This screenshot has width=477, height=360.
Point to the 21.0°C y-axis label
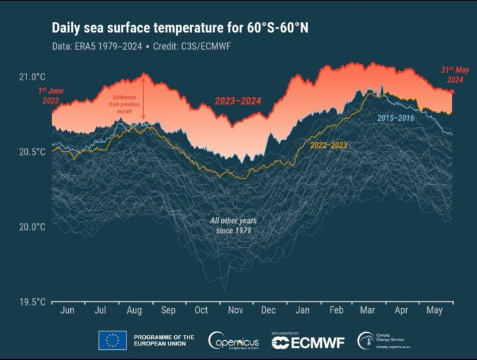pos(31,77)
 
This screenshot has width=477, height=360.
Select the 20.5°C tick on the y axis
pos(31,152)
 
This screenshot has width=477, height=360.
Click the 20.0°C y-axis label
pos(31,227)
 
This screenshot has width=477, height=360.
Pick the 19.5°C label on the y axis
pos(31,302)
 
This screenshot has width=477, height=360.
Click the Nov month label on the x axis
pos(235,310)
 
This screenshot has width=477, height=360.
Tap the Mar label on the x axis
pos(368,310)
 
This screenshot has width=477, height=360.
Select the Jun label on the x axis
pos(67,310)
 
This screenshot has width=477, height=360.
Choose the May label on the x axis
pos(435,310)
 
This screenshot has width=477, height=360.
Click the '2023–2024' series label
pos(238,101)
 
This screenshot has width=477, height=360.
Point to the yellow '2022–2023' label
pos(329,145)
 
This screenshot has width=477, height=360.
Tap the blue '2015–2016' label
pos(397,118)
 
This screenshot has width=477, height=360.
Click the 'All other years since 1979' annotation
pos(233,225)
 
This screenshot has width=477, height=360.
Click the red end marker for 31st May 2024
pos(452,92)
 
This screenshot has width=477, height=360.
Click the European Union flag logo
pos(112,340)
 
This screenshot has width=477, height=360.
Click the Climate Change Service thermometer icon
pos(366,341)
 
